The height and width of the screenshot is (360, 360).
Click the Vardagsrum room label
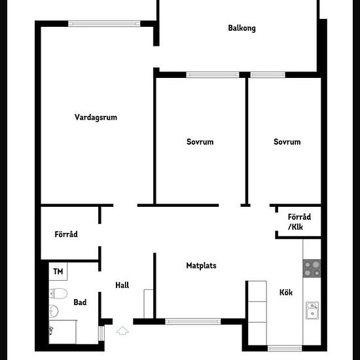click(96, 117)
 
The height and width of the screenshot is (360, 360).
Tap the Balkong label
click(242, 28)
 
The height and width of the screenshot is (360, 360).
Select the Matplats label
click(201, 266)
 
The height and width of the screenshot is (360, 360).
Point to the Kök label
click(286, 293)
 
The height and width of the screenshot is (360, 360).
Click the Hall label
click(122, 285)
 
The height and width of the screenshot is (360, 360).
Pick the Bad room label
click(80, 302)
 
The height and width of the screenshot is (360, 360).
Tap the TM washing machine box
click(58, 272)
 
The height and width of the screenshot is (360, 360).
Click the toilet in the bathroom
click(58, 293)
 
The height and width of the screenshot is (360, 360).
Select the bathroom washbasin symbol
click(54, 312)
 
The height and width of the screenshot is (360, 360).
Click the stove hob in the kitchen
click(312, 268)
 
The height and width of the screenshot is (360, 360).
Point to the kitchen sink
click(312, 310)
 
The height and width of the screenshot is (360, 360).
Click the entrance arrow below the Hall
click(122, 331)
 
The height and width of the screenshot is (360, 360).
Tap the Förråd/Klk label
click(299, 222)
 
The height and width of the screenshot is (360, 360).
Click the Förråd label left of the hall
click(66, 234)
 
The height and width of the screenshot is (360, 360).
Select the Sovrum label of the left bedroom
click(200, 142)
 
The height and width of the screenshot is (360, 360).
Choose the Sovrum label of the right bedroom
click(287, 142)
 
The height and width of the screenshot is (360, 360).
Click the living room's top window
click(104, 24)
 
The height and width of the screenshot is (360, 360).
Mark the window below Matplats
click(193, 321)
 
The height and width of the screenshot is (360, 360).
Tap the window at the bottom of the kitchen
click(285, 348)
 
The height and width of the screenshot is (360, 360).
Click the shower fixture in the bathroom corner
click(51, 331)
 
